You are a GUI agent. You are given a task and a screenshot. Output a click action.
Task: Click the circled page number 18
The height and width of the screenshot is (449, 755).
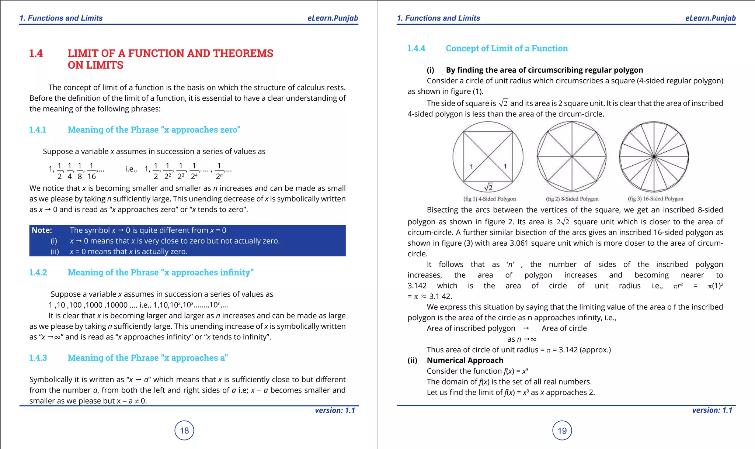(x=184, y=430)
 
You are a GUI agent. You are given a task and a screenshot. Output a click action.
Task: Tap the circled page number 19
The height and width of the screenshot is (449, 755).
(x=562, y=430)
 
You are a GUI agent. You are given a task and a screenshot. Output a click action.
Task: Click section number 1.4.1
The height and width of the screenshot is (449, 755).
(x=38, y=130)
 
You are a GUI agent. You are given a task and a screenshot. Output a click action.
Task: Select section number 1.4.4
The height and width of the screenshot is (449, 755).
(x=416, y=48)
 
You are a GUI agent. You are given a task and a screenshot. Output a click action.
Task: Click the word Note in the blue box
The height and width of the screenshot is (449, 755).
(x=42, y=230)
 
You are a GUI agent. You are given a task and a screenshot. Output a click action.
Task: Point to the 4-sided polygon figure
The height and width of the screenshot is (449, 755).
(x=488, y=157)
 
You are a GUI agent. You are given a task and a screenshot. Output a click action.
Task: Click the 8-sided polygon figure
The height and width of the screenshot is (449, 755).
(x=572, y=157)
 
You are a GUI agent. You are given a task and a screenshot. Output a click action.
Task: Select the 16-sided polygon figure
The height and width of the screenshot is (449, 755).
(x=654, y=157)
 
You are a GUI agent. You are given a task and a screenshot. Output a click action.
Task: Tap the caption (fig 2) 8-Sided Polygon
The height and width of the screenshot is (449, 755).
(x=572, y=199)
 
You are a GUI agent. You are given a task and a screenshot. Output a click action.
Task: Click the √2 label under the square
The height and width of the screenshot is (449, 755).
(x=488, y=187)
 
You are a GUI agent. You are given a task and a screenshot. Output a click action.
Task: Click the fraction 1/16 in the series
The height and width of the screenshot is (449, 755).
(x=91, y=171)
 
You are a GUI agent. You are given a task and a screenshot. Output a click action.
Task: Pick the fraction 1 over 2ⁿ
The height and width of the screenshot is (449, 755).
(x=219, y=171)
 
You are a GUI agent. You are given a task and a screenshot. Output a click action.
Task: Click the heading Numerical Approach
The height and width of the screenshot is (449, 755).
(x=465, y=360)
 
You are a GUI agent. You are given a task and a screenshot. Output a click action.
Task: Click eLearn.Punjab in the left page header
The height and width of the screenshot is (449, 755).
(x=333, y=18)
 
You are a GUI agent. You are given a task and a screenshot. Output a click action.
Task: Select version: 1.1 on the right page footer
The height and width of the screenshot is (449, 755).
(x=712, y=410)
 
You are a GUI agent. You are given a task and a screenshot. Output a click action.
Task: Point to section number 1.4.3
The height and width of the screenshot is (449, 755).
(x=38, y=358)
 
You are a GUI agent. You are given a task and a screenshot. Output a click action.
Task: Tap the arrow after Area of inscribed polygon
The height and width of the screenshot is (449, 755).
(x=526, y=328)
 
